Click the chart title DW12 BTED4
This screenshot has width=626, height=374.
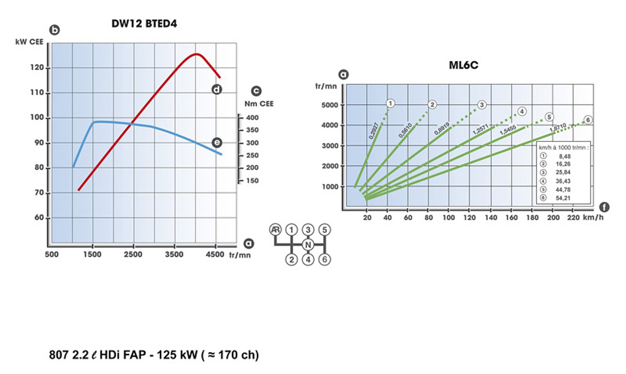[144, 24]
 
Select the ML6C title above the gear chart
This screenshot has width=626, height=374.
[464, 65]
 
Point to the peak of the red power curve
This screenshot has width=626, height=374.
[196, 54]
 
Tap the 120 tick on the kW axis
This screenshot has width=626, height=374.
[37, 68]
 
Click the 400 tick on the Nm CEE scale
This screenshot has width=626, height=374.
[252, 117]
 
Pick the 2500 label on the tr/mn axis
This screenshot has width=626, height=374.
[133, 255]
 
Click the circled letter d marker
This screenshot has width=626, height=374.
[217, 89]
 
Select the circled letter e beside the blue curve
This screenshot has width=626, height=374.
[217, 143]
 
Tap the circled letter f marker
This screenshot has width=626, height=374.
[604, 207]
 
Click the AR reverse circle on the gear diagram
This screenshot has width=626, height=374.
[275, 230]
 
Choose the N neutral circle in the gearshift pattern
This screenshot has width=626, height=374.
[308, 245]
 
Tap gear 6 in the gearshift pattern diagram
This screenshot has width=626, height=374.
[325, 260]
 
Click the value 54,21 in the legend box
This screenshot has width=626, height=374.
[563, 198]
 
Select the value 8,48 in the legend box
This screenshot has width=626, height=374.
[564, 156]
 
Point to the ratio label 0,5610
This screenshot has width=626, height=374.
[405, 130]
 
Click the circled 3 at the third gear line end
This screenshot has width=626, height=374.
[481, 105]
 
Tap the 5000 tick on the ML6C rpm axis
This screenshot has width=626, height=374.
[329, 105]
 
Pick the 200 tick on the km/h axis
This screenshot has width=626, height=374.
[553, 218]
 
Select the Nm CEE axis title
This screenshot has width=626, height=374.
[259, 104]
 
